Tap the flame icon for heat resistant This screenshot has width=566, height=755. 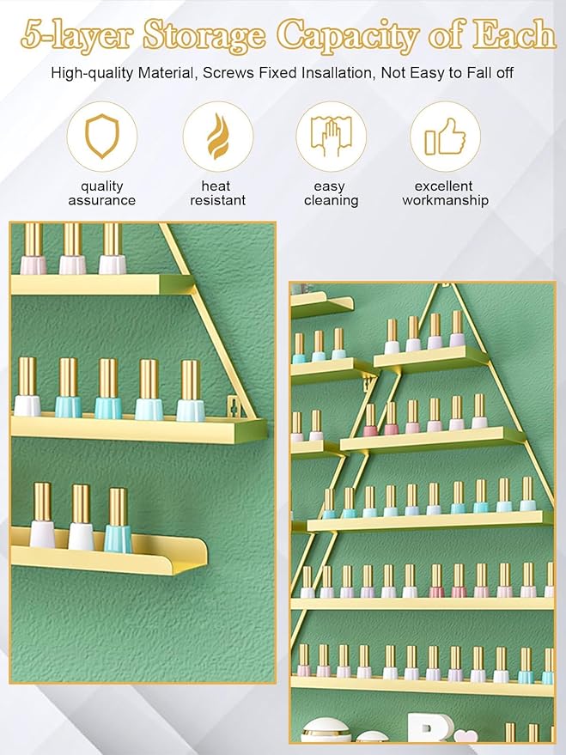(x=217, y=137)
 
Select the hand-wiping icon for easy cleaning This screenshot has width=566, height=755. (x=331, y=137)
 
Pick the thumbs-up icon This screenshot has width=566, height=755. (x=445, y=137)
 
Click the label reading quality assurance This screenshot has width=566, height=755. (x=102, y=193)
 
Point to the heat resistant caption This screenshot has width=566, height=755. (x=216, y=193)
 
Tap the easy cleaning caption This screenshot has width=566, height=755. (x=331, y=193)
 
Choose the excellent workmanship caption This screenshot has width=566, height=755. (x=445, y=193)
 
